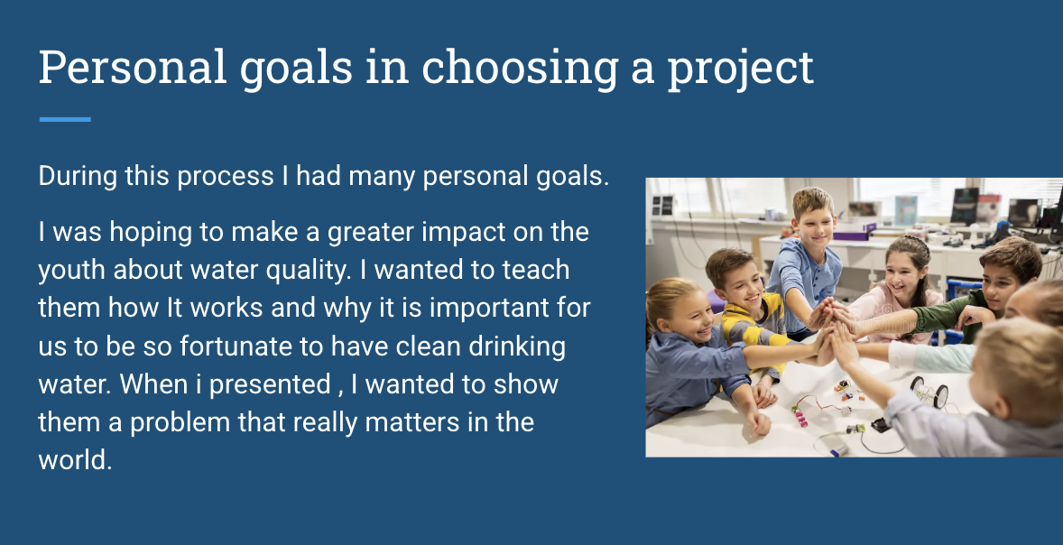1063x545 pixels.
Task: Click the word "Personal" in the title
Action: click(132, 67)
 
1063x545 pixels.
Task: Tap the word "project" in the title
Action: click(740, 70)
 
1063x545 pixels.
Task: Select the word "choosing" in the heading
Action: click(520, 70)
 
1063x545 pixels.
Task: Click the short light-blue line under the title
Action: click(65, 119)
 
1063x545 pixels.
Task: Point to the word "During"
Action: click(78, 176)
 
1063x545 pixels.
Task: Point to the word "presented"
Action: click(270, 385)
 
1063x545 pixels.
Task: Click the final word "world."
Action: click(75, 460)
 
